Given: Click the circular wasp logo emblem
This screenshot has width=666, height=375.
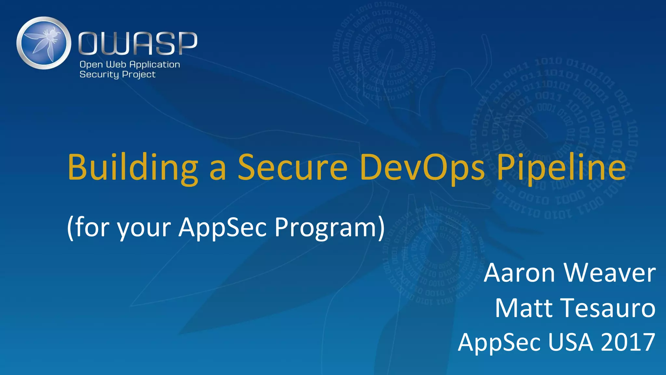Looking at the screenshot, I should [x=44, y=43].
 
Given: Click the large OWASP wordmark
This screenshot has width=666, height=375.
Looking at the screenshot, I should [x=138, y=43].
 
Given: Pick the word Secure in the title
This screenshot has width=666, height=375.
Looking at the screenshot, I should [x=293, y=167].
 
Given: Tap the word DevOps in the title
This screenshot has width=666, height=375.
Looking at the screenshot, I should [x=422, y=167].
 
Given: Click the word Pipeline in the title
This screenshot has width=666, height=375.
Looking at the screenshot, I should [x=561, y=167].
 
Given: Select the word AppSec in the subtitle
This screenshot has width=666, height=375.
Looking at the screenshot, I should [x=222, y=227].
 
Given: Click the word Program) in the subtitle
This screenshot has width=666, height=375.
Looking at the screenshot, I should [x=329, y=227].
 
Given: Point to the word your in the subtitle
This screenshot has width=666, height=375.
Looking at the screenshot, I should [x=144, y=228].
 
